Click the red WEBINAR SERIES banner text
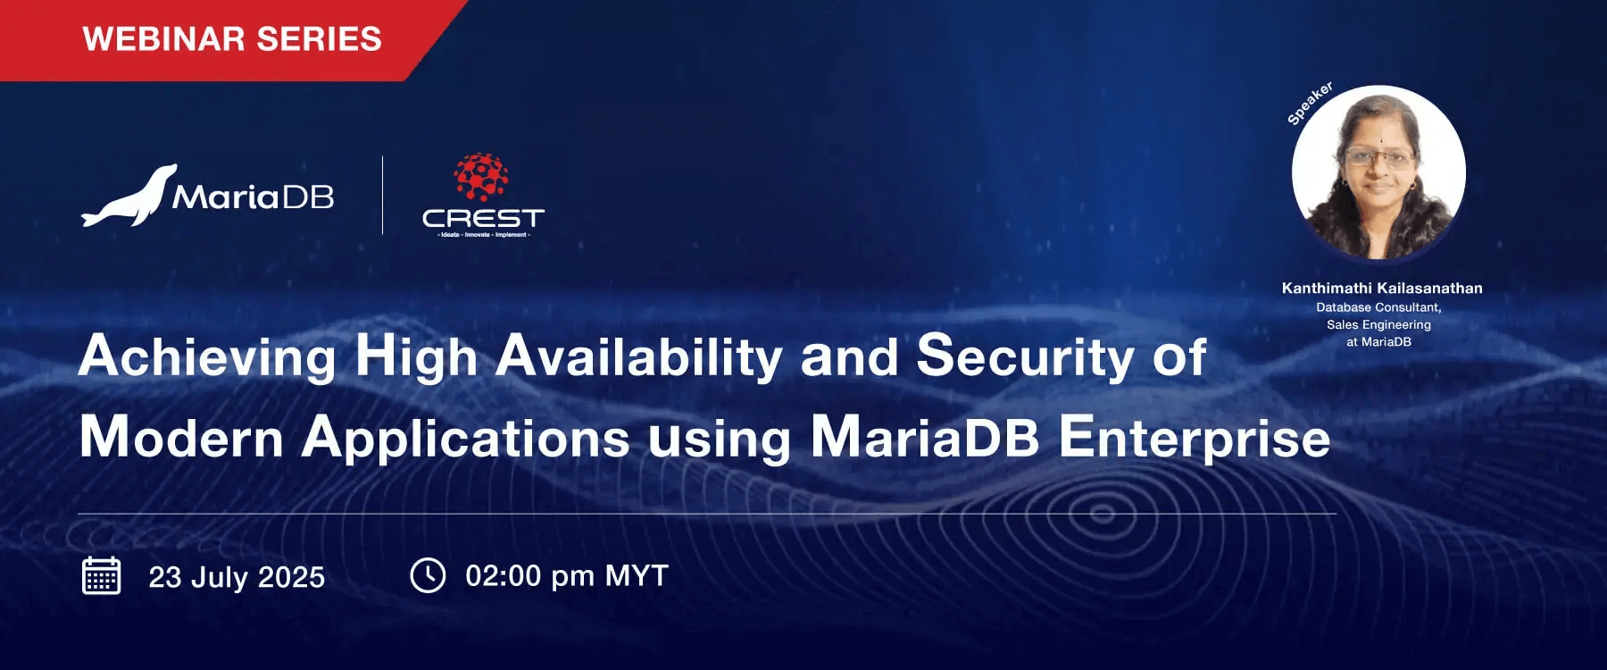click(x=232, y=39)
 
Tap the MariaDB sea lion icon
click(x=130, y=197)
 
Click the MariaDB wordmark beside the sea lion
click(x=254, y=197)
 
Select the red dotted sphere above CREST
click(x=481, y=176)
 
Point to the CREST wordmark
click(x=483, y=218)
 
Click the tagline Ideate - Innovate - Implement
click(x=484, y=235)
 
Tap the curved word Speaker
click(x=1310, y=103)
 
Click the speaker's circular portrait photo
click(x=1378, y=172)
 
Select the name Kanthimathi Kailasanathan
click(x=1381, y=288)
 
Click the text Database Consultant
click(x=1378, y=307)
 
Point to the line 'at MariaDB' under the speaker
click(x=1378, y=341)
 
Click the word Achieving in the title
click(x=207, y=357)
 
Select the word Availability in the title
click(x=639, y=357)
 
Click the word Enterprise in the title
click(x=1195, y=439)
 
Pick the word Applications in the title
click(x=465, y=439)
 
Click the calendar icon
click(x=102, y=575)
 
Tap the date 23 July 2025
click(x=237, y=577)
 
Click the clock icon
click(x=428, y=575)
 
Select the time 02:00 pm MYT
click(x=567, y=576)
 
